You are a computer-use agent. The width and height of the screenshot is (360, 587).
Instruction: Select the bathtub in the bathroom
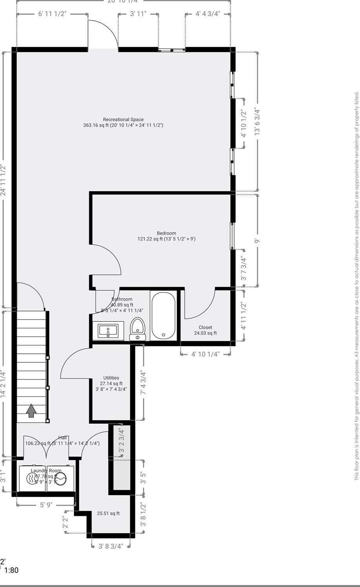[163, 315]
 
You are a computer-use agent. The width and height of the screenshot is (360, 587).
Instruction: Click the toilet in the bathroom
[137, 329]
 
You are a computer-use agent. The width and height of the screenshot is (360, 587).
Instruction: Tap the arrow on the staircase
[31, 411]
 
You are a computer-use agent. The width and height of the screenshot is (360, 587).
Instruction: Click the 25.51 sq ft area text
[108, 513]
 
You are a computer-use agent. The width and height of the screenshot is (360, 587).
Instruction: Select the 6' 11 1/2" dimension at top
[52, 14]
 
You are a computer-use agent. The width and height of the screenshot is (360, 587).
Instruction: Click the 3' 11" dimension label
[138, 14]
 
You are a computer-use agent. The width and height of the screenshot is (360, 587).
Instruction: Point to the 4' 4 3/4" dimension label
[208, 14]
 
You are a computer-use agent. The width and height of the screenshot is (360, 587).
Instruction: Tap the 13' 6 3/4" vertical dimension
[258, 122]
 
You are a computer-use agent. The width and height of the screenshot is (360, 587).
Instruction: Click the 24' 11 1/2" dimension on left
[4, 180]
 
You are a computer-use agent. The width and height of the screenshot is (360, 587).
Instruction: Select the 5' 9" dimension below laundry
[46, 505]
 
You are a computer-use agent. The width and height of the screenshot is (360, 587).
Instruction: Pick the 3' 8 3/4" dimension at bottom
[111, 546]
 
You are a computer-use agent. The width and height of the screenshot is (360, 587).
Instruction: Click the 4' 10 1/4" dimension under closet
[205, 354]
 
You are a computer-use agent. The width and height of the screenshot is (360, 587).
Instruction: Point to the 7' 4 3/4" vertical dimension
[143, 383]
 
